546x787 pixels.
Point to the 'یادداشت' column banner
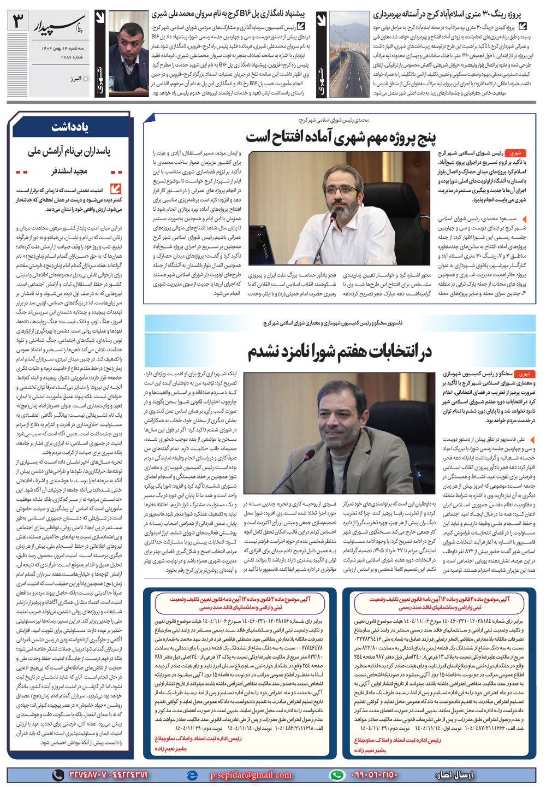click(x=70, y=128)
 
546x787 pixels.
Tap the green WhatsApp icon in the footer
click(x=340, y=774)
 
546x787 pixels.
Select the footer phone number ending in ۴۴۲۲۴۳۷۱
click(x=124, y=774)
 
